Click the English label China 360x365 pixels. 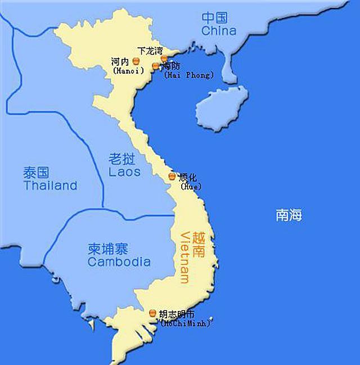tap(218, 30)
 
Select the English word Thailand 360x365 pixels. tap(50, 186)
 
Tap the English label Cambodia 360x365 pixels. tap(119, 262)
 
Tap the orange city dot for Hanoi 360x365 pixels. tap(136, 61)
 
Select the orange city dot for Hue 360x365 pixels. tap(172, 177)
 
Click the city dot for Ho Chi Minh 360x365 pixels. tap(153, 313)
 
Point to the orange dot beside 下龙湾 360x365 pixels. tap(164, 58)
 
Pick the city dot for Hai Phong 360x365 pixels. tap(156, 66)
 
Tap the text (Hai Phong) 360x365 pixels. tap(189, 75)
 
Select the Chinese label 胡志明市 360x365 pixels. tap(178, 314)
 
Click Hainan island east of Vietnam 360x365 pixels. tap(221, 106)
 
